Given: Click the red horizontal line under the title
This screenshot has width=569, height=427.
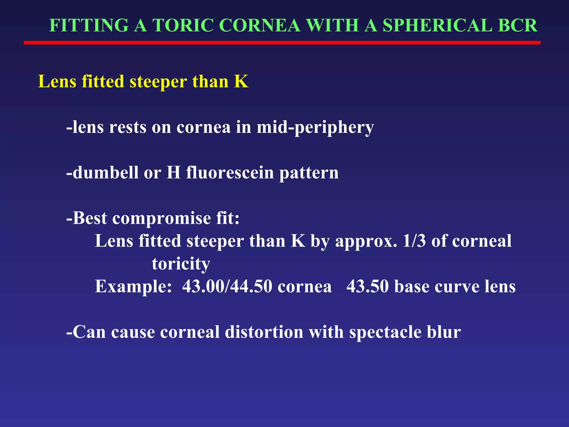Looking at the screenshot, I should (282, 43).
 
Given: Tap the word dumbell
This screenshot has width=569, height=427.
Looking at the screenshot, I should (105, 173).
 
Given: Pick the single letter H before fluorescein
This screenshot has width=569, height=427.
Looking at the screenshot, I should (174, 173).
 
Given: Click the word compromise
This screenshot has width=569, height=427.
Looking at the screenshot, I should (161, 219).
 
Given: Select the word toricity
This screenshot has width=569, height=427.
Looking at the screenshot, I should (181, 264).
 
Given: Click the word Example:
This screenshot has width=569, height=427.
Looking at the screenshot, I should (133, 286).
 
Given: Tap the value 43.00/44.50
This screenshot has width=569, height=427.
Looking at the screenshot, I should (227, 286).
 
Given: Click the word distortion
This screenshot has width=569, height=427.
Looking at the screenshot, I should (264, 332).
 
